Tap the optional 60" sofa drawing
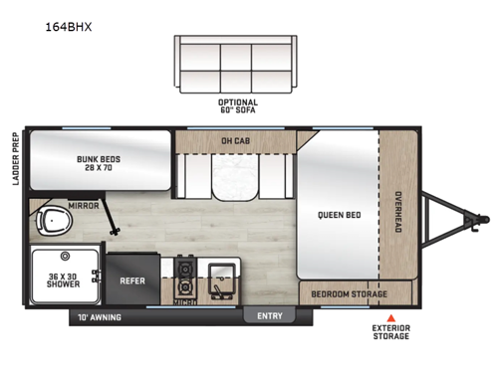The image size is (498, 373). pyautogui.click(x=237, y=65)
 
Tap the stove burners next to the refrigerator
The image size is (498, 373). pyautogui.click(x=184, y=269)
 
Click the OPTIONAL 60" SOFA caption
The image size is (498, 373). pyautogui.click(x=237, y=105)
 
